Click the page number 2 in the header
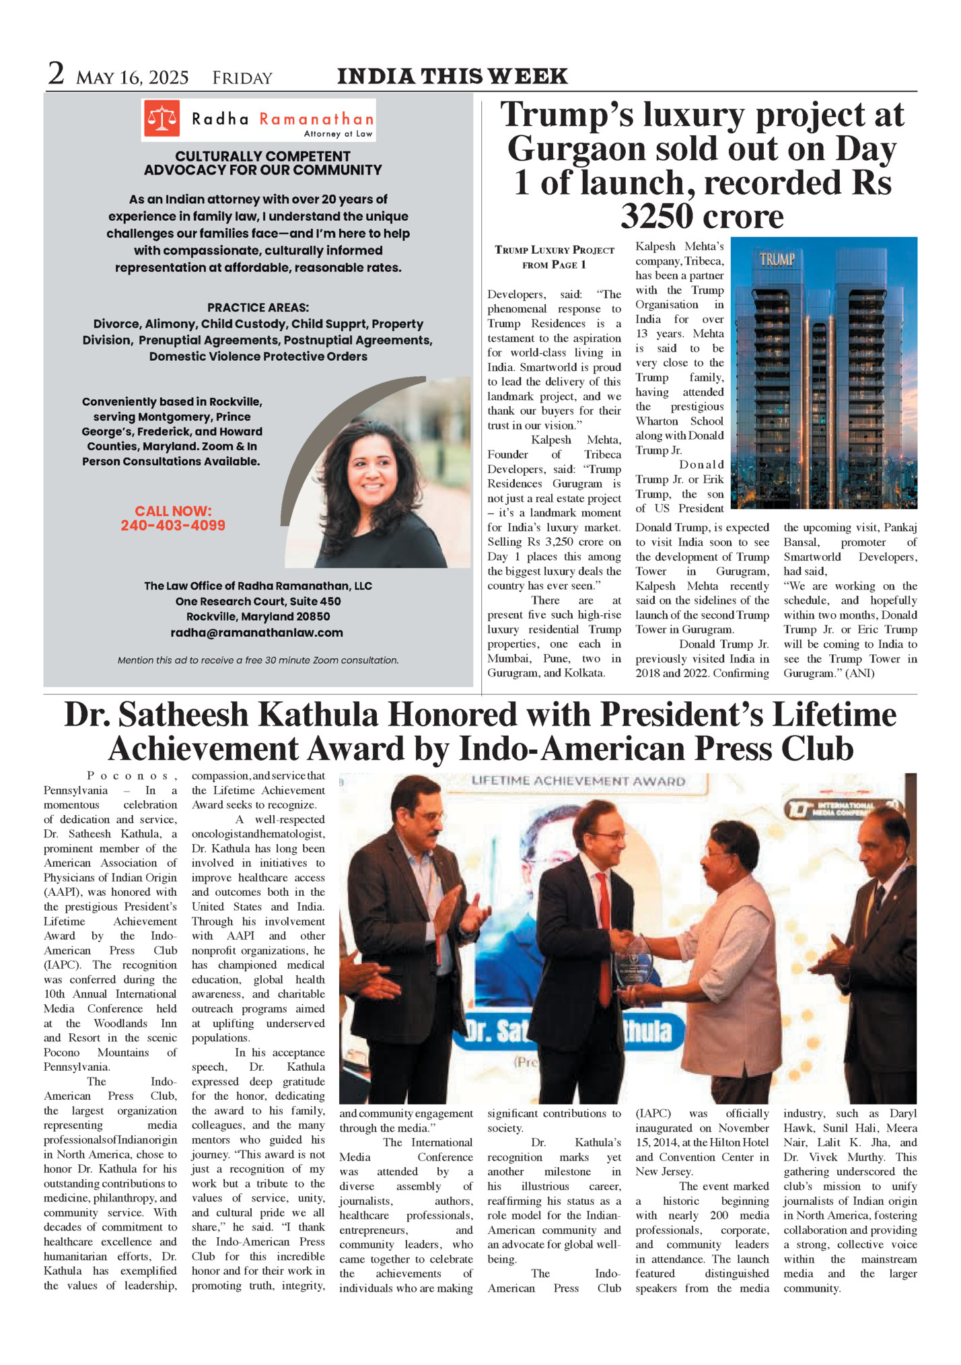coord(56,73)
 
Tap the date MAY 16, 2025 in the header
coord(132,78)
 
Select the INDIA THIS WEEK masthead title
coord(452,76)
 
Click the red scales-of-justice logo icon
coord(162,118)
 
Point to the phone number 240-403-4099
coord(173,526)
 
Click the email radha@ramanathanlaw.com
coord(256,633)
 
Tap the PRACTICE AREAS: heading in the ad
coord(258,308)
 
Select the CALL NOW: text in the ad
coord(173,511)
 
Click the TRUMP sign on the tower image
coord(777,259)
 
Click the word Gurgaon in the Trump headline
coord(576,149)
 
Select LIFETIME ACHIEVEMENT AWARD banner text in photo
coord(578,781)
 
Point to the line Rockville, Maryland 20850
coord(258,617)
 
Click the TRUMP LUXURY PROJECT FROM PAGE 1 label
coord(554,257)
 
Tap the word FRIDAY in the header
coord(242,79)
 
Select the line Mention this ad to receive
coord(258,660)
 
